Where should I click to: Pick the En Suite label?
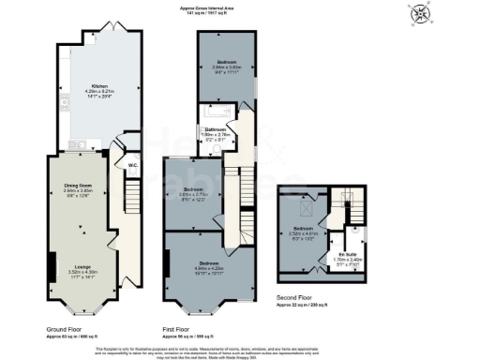click(x=349, y=254)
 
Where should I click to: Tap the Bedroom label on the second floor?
click(x=301, y=228)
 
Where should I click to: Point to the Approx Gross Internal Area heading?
click(x=213, y=8)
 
